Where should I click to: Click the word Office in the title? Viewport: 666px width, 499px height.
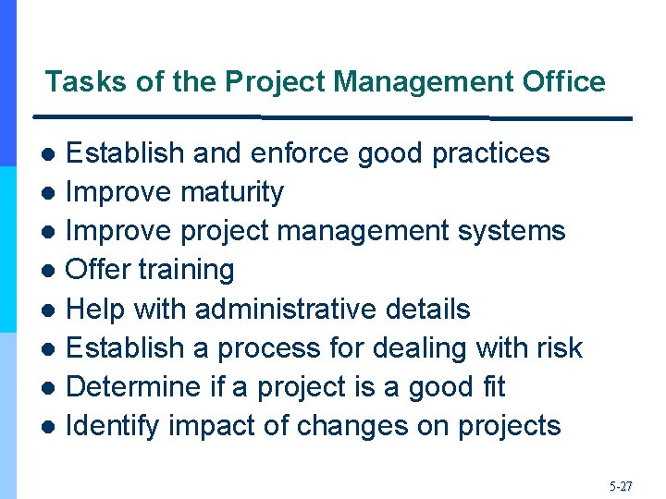[x=563, y=82]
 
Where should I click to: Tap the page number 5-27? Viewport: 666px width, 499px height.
[x=621, y=484]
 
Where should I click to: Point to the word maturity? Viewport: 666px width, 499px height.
[x=232, y=192]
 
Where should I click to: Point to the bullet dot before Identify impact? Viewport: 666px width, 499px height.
[x=53, y=428]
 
